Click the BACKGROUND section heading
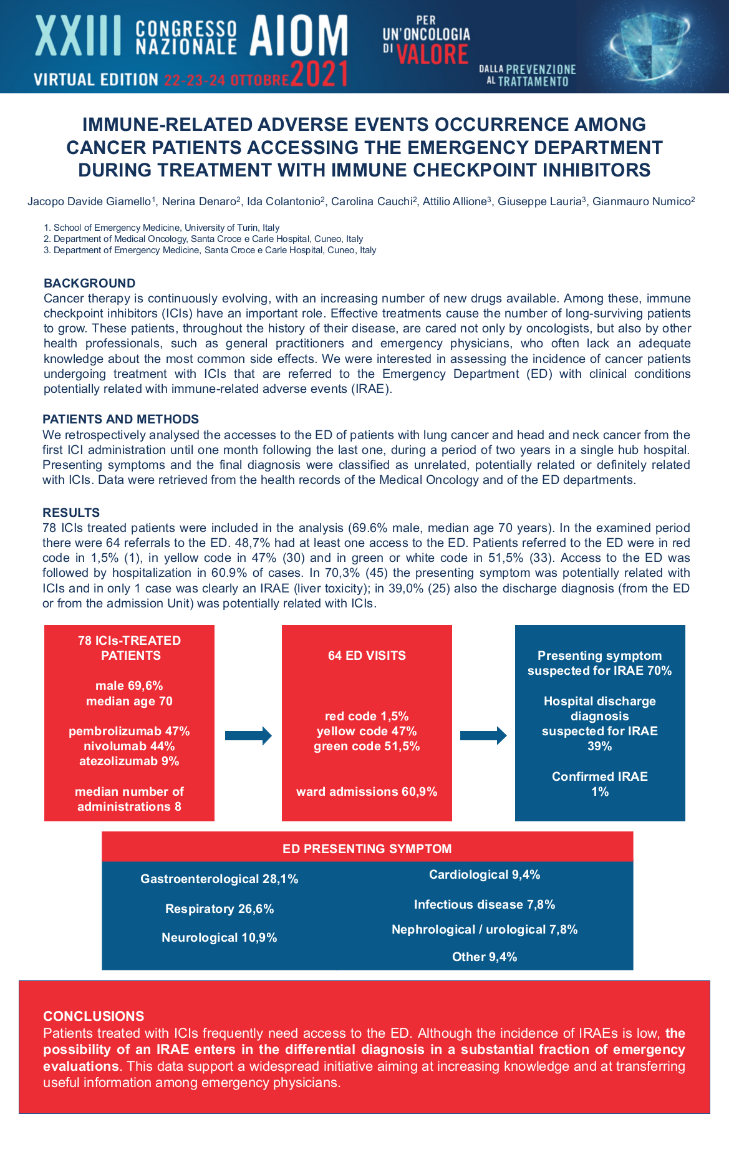(x=89, y=283)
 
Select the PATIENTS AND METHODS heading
(x=120, y=419)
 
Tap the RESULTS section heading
(x=71, y=513)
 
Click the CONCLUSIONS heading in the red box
(x=94, y=1016)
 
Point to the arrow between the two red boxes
(x=248, y=736)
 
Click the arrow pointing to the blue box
(x=483, y=736)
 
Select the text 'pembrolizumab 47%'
(x=129, y=731)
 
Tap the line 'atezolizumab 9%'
(x=129, y=761)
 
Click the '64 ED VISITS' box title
(x=367, y=655)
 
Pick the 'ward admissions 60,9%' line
(x=367, y=791)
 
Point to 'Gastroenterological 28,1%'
(x=220, y=879)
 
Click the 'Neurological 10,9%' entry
(x=220, y=937)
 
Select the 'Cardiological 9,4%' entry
(x=485, y=874)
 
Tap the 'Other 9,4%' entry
(x=485, y=957)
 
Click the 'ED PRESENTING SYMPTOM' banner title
(x=367, y=849)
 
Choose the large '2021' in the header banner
(x=319, y=74)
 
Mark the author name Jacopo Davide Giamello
(x=89, y=201)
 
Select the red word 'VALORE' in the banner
(x=432, y=54)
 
